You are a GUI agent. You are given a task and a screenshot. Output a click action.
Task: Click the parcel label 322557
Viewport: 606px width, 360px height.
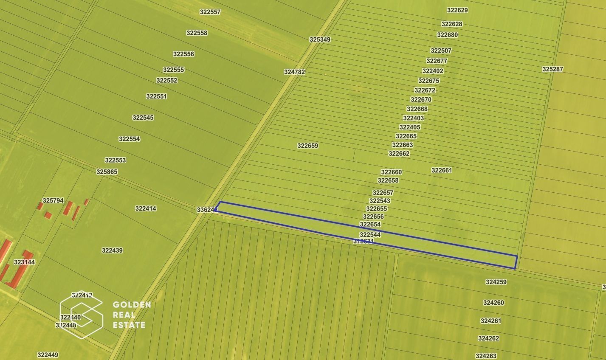coord(210,12)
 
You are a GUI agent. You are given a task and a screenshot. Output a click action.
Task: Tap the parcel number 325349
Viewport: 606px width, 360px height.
coord(320,39)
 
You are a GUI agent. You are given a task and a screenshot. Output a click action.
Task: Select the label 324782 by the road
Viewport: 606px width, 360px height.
coord(294,72)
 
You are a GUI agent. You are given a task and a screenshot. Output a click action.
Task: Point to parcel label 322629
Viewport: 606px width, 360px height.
coord(457,10)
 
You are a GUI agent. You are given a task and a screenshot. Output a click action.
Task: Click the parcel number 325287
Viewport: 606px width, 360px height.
coord(552,69)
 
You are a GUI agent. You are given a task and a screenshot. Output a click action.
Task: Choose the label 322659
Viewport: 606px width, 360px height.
coord(307,146)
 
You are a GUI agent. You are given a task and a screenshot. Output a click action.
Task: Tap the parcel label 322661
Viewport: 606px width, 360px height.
coord(442,170)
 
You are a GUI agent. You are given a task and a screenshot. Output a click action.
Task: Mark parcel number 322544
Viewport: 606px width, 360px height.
coord(370,235)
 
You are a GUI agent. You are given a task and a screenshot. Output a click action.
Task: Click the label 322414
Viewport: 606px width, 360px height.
coord(146,208)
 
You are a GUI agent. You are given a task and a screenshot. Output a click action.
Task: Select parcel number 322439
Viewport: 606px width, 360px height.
coord(112,250)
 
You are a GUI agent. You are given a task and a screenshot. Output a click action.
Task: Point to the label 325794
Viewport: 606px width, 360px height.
coord(53,201)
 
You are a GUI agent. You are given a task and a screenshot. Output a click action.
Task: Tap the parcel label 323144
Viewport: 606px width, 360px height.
coord(24,262)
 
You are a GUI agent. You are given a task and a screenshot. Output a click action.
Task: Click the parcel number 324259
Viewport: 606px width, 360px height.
coord(496,282)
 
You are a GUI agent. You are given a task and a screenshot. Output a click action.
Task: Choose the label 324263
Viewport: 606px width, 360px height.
coord(486,356)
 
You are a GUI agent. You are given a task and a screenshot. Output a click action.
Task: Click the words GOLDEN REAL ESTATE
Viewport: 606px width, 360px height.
coord(132,315)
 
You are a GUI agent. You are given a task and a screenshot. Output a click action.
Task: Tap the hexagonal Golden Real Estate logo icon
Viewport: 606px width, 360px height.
coord(81,315)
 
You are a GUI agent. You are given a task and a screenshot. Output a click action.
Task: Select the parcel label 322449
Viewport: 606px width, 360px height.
coord(48,355)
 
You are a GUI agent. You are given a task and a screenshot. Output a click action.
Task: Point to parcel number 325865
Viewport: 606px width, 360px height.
coord(107,172)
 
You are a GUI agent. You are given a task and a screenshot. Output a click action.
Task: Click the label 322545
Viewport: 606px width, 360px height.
coord(143,118)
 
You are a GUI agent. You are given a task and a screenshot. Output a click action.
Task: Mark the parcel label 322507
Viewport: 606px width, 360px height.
coord(441,51)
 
